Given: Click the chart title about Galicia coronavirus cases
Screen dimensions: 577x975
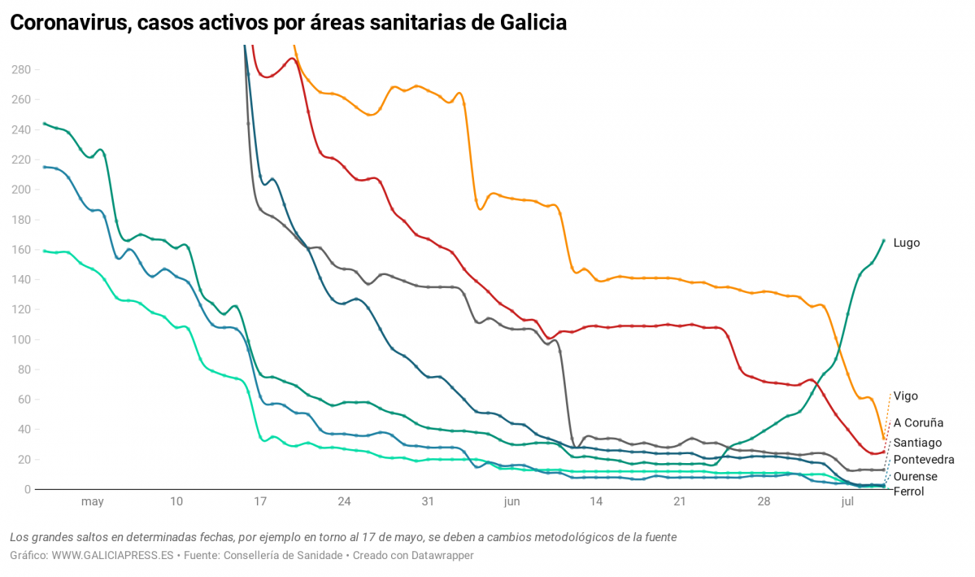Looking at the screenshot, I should coord(288,23).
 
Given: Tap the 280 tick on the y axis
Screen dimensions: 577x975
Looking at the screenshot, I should coord(20,70).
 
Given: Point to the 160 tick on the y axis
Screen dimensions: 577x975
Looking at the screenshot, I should coord(20,250).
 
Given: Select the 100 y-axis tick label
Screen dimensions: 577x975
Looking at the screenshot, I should coord(20,339).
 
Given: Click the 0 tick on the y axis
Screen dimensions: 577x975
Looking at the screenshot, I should coord(27,489).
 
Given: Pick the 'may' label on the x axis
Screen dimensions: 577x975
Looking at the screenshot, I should coord(93,502).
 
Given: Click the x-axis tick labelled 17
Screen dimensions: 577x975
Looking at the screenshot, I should coord(260,502).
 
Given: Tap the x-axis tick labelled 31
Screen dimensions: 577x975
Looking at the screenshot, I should coord(428,502).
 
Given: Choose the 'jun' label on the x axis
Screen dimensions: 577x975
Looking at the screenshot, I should coord(511,502).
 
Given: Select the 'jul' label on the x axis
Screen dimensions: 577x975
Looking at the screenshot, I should coord(847,502).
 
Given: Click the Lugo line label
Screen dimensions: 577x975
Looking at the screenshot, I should coord(906,243).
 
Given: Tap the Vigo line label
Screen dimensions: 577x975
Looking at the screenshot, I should coord(906,396).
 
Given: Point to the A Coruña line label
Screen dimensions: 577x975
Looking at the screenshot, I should coord(918,423).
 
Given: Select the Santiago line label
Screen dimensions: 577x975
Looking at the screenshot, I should coord(917,443).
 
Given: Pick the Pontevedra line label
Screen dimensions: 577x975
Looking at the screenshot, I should coord(924,460).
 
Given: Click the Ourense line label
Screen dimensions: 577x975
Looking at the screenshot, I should coord(915,477).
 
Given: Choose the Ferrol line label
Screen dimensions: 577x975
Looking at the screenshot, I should coord(908,492).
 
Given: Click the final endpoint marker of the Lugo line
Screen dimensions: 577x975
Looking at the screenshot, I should coord(884,240).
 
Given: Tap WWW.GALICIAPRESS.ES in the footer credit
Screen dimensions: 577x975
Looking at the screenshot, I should coord(113,555).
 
